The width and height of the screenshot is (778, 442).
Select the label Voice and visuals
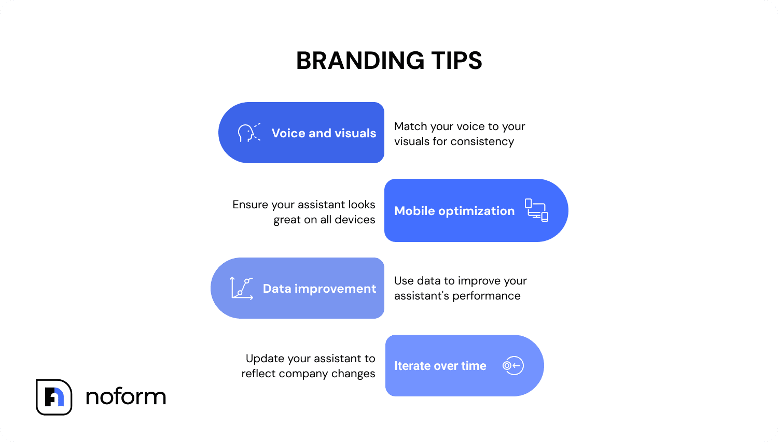pyautogui.click(x=324, y=133)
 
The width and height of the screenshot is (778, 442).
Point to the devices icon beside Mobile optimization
pyautogui.click(x=536, y=210)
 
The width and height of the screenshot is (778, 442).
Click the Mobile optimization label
pyautogui.click(x=454, y=211)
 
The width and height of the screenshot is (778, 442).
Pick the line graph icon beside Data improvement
pyautogui.click(x=242, y=288)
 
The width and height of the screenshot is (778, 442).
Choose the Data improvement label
pyautogui.click(x=319, y=289)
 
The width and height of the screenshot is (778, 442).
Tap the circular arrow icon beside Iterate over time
pyautogui.click(x=513, y=366)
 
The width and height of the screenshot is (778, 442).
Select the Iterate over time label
pyautogui.click(x=440, y=366)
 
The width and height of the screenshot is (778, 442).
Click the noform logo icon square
pyautogui.click(x=54, y=397)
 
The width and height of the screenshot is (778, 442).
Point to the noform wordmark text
pyautogui.click(x=126, y=397)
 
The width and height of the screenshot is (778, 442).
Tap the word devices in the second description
pyautogui.click(x=355, y=220)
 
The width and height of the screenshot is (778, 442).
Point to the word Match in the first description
pyautogui.click(x=410, y=126)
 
